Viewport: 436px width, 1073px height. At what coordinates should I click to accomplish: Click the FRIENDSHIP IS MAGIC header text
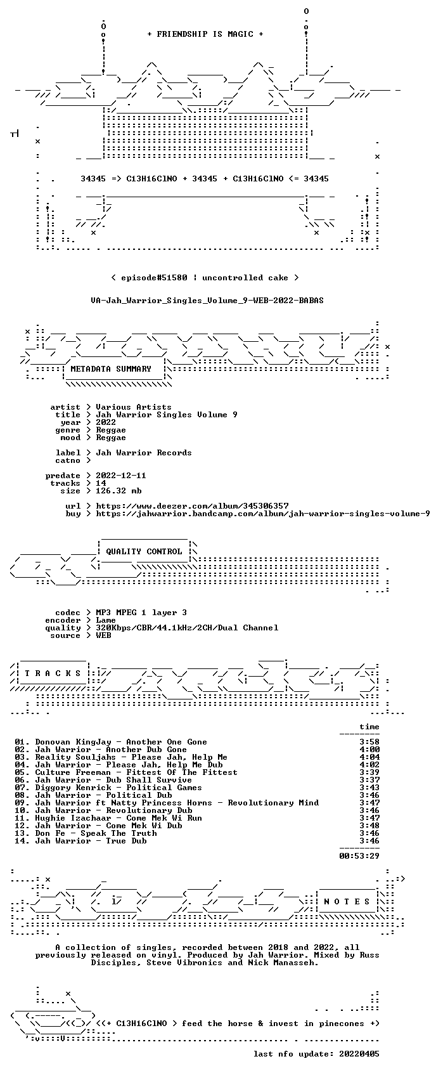pyautogui.click(x=205, y=34)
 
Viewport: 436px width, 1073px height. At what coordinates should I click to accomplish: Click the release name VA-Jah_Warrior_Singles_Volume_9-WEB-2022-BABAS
pyautogui.click(x=207, y=301)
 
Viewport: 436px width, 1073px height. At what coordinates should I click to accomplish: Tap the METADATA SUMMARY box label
pyautogui.click(x=110, y=369)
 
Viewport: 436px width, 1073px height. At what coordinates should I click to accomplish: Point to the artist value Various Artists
pyautogui.click(x=134, y=407)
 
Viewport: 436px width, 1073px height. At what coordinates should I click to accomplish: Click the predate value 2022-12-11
pyautogui.click(x=121, y=476)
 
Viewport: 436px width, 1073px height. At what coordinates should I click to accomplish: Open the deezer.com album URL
pyautogui.click(x=193, y=506)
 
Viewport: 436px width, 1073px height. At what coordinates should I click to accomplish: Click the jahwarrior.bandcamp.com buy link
pyautogui.click(x=263, y=514)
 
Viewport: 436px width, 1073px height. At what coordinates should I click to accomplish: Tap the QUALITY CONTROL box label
pyautogui.click(x=144, y=552)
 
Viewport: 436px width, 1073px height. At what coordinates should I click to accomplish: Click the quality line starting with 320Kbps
pyautogui.click(x=187, y=628)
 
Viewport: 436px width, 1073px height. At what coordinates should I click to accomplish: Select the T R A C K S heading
pyautogui.click(x=53, y=673)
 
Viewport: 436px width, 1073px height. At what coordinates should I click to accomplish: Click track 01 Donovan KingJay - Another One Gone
pyautogui.click(x=110, y=742)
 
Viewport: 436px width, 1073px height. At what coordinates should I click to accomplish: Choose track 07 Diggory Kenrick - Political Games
pyautogui.click(x=108, y=788)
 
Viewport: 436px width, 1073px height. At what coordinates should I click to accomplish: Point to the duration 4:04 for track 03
pyautogui.click(x=369, y=757)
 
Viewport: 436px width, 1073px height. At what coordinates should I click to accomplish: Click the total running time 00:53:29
pyautogui.click(x=359, y=856)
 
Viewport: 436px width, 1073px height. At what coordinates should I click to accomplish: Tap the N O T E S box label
pyautogui.click(x=347, y=902)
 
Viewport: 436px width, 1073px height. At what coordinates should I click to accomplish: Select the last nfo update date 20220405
pyautogui.click(x=359, y=1054)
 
